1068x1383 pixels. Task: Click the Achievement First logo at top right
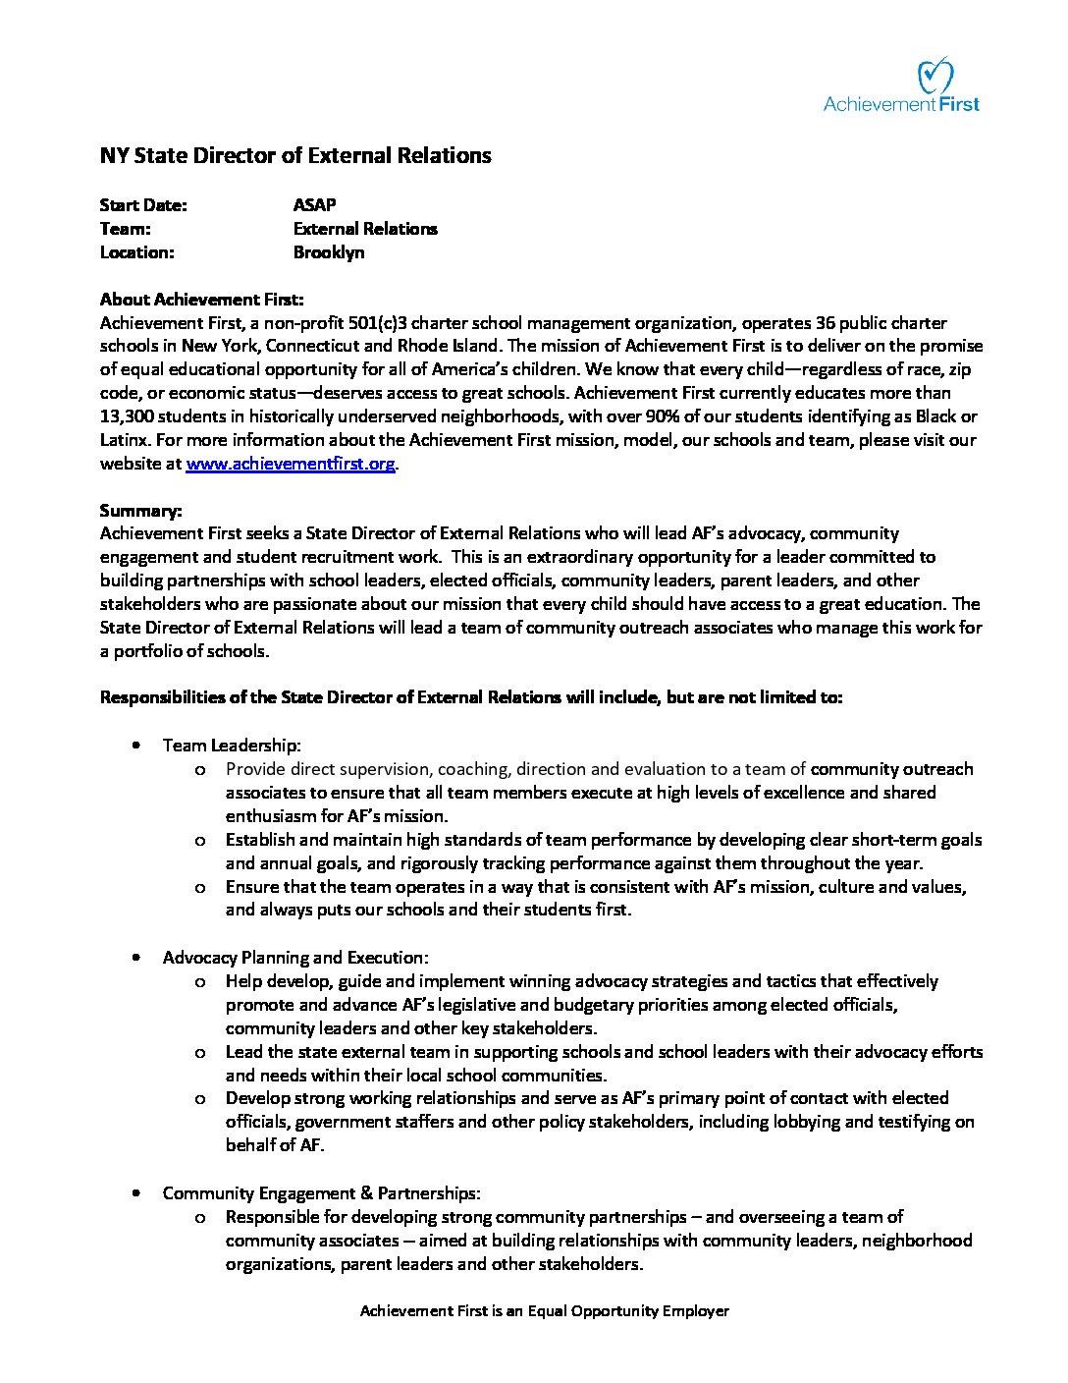[901, 86]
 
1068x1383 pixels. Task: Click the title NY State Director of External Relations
[295, 155]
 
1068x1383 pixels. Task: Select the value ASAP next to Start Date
[314, 204]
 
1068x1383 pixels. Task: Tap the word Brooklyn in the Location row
[329, 251]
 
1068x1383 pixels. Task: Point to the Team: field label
[125, 228]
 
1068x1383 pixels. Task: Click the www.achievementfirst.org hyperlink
[291, 464]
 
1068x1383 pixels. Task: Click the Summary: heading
[140, 511]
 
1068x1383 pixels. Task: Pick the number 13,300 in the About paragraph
[130, 416]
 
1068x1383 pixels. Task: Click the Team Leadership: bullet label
[232, 746]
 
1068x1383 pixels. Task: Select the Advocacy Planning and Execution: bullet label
[295, 957]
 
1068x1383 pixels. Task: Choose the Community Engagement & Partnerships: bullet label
[321, 1192]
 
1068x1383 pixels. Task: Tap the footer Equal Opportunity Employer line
[545, 1310]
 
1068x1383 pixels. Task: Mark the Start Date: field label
[143, 204]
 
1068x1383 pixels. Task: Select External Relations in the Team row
[365, 228]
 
